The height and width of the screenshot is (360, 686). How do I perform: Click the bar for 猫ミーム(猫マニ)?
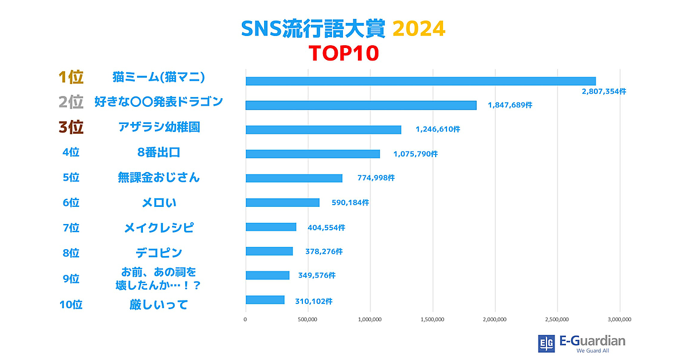pyautogui.click(x=420, y=81)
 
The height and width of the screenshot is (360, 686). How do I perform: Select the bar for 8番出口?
pyautogui.click(x=313, y=154)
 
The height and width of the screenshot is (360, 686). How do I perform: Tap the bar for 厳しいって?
pyautogui.click(x=265, y=300)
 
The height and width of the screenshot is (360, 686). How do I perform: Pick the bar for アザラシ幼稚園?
pyautogui.click(x=323, y=130)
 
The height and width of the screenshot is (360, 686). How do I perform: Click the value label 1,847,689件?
pyautogui.click(x=510, y=105)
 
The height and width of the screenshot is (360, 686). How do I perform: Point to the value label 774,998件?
pyautogui.click(x=376, y=178)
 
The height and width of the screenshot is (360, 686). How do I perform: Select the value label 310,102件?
pyautogui.click(x=314, y=301)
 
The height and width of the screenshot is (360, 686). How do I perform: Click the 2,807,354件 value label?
pyautogui.click(x=604, y=91)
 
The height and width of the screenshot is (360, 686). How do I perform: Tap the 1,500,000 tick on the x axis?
pyautogui.click(x=432, y=319)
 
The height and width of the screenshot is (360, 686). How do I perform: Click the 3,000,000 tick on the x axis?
pyautogui.click(x=619, y=319)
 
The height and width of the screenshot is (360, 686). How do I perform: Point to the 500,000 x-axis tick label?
pyautogui.click(x=308, y=319)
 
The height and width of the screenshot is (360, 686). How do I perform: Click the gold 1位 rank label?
pyautogui.click(x=71, y=77)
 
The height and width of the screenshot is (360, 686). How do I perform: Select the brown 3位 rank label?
pyautogui.click(x=71, y=127)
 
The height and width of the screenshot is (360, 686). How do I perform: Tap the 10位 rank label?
pyautogui.click(x=71, y=305)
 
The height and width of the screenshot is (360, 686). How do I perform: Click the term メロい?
pyautogui.click(x=158, y=202)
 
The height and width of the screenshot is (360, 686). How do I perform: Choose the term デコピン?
pyautogui.click(x=158, y=252)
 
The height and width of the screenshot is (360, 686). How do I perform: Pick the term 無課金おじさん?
pyautogui.click(x=158, y=177)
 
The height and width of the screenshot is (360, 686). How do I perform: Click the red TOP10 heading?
pyautogui.click(x=344, y=53)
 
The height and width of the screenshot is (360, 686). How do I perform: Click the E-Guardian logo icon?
pyautogui.click(x=547, y=343)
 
